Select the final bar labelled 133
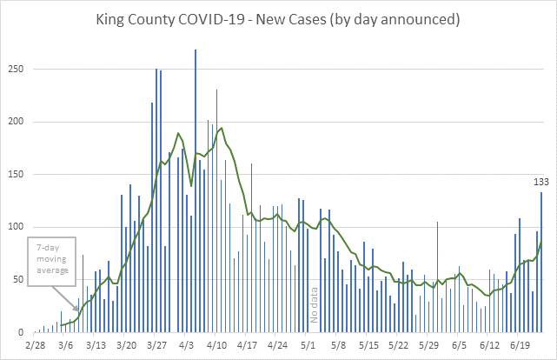(x=541, y=262)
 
